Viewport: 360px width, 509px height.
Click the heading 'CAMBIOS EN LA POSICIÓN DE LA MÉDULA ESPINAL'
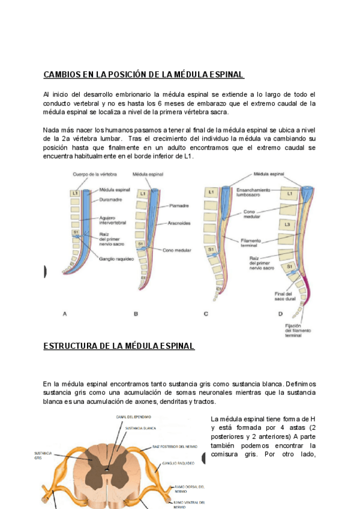(x=144, y=75)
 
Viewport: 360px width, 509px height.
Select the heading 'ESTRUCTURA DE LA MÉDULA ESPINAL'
(x=119, y=346)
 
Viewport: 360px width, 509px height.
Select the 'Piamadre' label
(x=179, y=204)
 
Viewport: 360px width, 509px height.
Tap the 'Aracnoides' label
(x=181, y=223)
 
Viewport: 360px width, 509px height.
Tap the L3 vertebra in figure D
(x=289, y=224)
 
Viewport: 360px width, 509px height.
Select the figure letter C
(x=206, y=313)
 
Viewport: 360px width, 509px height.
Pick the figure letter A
(x=64, y=313)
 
